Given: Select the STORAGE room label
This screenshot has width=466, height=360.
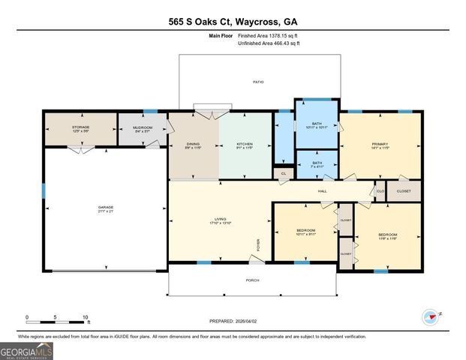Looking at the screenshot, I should [80, 127].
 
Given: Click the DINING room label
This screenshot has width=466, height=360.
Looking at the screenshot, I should [193, 144].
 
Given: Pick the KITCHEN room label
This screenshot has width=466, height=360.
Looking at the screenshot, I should [245, 144].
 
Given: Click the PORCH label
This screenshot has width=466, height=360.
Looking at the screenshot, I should [252, 280].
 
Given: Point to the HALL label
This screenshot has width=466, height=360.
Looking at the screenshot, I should [322, 191].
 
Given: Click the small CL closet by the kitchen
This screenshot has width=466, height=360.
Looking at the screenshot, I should [283, 173].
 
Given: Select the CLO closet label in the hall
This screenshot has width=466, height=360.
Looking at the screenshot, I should [380, 191].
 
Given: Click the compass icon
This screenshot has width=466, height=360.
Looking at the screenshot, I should [431, 316].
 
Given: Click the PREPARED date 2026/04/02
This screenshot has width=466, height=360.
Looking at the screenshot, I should [233, 321].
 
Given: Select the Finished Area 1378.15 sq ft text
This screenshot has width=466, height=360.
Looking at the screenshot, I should [268, 35].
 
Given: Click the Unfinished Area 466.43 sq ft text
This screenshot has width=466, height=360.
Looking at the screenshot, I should [268, 43].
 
